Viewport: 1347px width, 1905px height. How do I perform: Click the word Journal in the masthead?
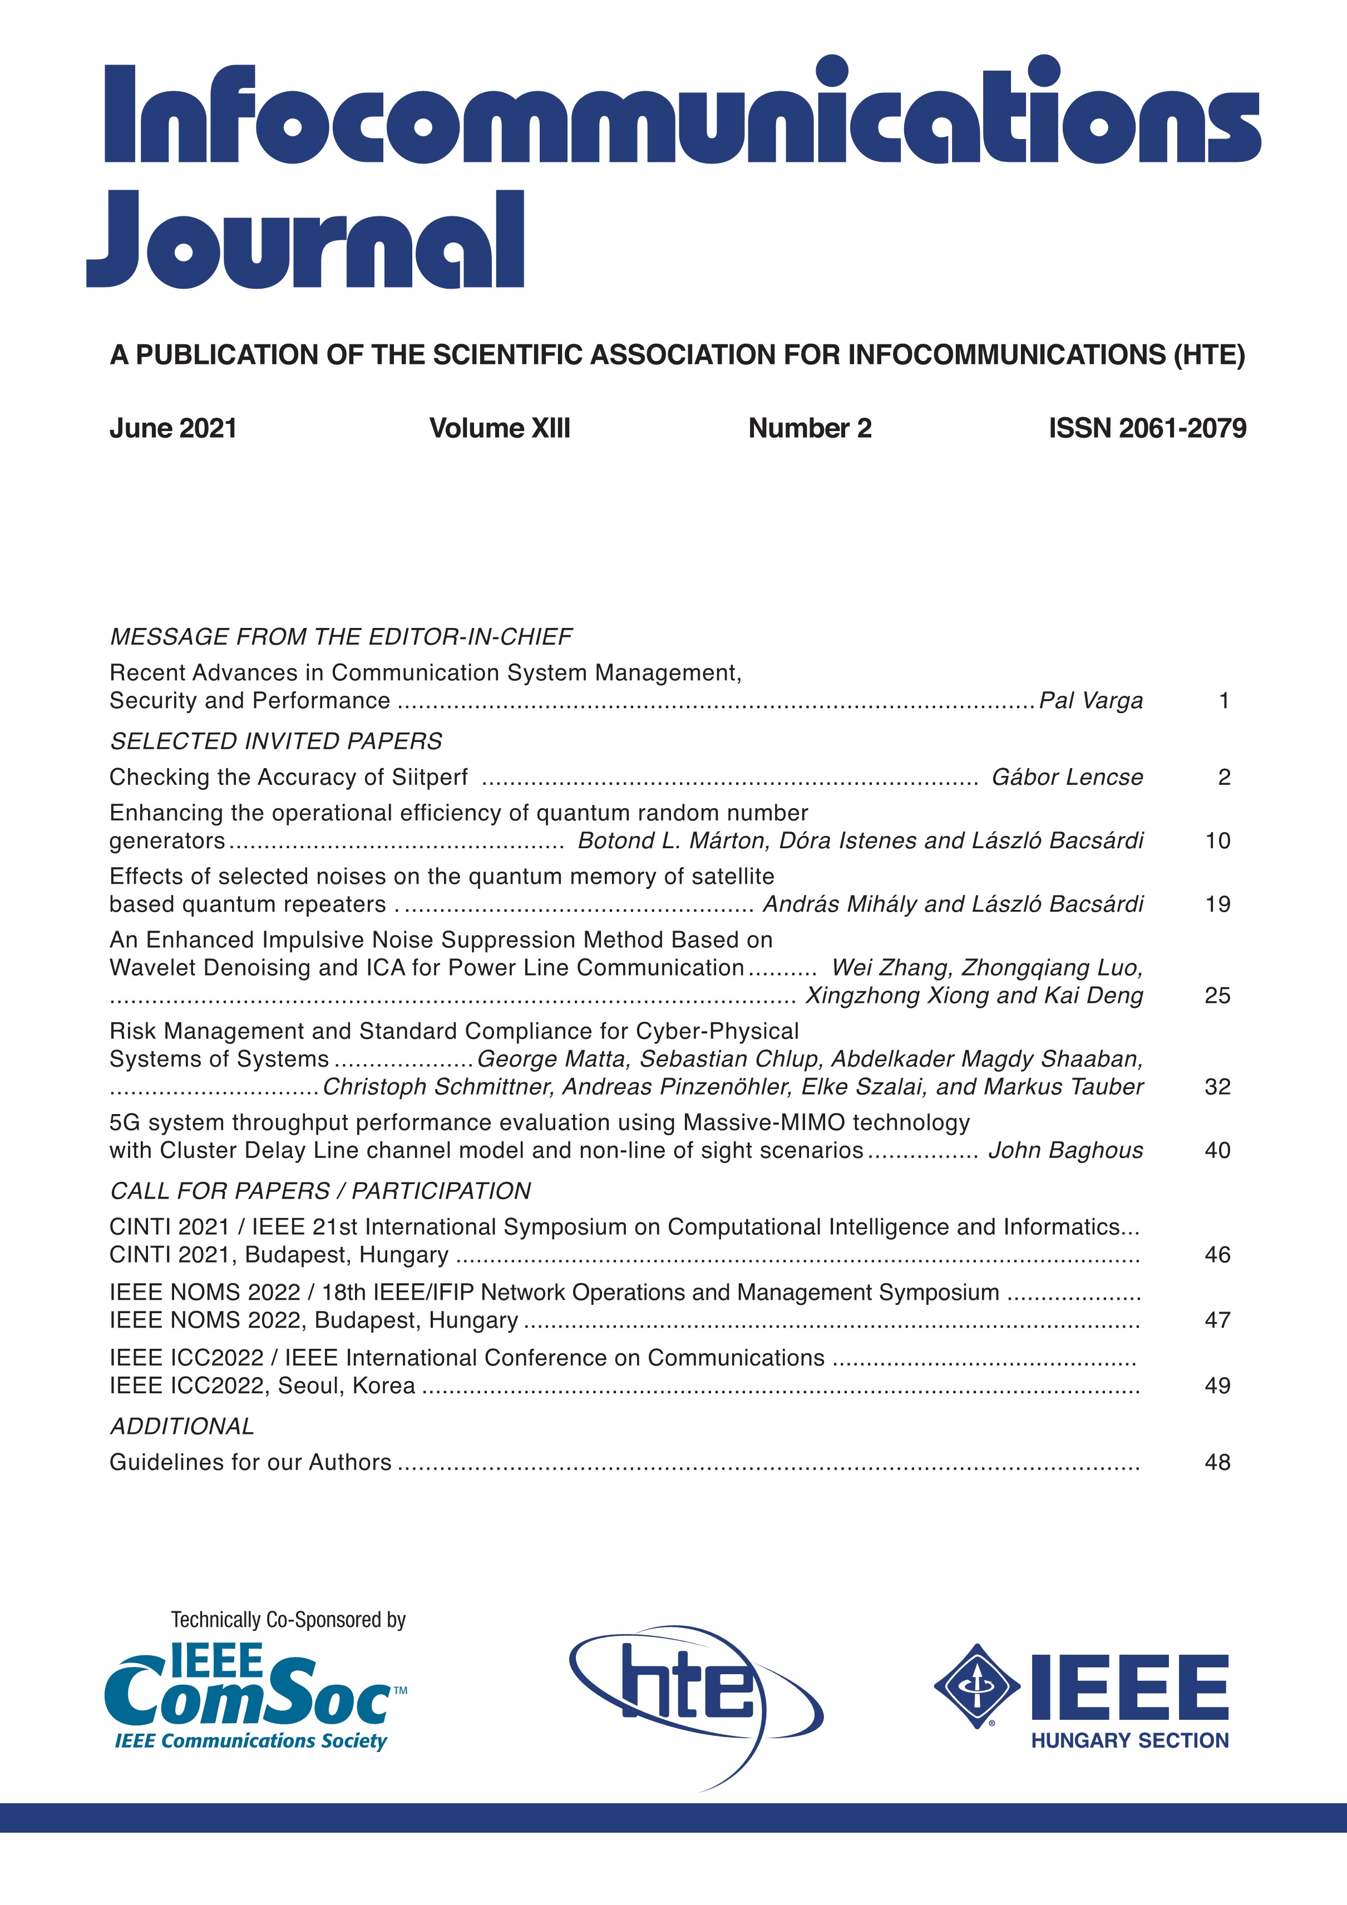coord(305,241)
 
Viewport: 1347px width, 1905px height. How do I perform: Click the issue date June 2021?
coord(174,428)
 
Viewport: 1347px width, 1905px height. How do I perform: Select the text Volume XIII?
coord(500,428)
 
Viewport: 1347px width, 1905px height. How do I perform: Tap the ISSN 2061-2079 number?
coord(1147,428)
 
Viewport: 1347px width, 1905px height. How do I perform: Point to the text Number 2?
coord(810,428)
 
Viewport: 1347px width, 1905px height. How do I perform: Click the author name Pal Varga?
coord(1091,701)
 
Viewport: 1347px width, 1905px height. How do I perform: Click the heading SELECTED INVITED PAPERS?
coord(277,741)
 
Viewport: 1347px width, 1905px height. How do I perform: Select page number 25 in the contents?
coord(1217,996)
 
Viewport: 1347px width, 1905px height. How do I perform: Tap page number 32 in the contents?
coord(1217,1087)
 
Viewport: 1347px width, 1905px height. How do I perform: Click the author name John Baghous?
coord(1065,1151)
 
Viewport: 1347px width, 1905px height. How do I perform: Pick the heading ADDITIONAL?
coord(182,1426)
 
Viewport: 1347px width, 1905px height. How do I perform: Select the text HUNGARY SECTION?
coord(1129,1741)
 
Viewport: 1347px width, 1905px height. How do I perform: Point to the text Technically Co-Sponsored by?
coord(288,1620)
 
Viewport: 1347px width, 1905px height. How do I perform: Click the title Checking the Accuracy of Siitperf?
coord(289,778)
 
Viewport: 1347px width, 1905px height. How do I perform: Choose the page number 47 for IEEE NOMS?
coord(1217,1320)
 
